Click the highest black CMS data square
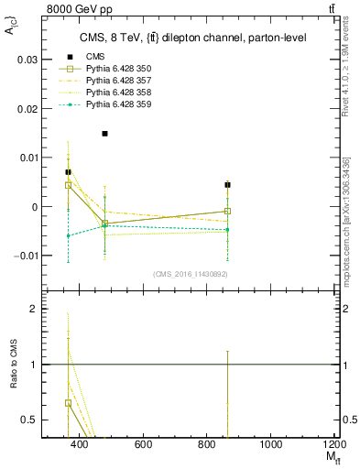coord(105,134)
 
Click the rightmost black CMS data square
coord(227,185)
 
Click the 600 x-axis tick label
coord(143,444)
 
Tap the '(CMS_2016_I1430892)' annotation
coord(191,274)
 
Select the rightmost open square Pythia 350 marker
coord(227,211)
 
